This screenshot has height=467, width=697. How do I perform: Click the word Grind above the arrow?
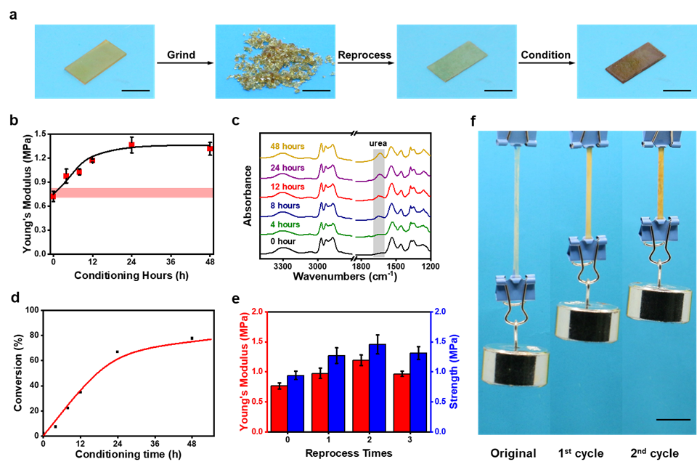click(x=181, y=54)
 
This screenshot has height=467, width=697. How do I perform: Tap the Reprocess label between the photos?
click(x=364, y=55)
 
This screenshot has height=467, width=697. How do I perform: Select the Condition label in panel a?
click(x=545, y=54)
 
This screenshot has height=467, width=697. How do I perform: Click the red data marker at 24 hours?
click(x=131, y=145)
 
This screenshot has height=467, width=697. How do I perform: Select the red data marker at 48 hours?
click(x=211, y=149)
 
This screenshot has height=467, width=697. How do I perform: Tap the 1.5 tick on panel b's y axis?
click(x=41, y=134)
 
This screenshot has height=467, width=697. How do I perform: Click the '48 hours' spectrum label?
click(x=288, y=146)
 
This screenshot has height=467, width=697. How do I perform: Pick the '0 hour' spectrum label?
click(x=282, y=242)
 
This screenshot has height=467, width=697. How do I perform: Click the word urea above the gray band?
click(x=378, y=143)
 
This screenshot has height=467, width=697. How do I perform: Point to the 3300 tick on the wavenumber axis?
click(x=282, y=267)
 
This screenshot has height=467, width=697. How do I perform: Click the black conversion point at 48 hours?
click(x=192, y=338)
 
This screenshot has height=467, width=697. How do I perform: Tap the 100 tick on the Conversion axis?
click(x=33, y=310)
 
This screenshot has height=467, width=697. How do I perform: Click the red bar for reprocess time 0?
click(x=279, y=409)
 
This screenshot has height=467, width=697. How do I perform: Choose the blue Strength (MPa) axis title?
click(x=454, y=372)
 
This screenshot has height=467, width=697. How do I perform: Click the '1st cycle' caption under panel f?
click(x=581, y=453)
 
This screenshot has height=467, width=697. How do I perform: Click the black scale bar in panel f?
click(x=673, y=419)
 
